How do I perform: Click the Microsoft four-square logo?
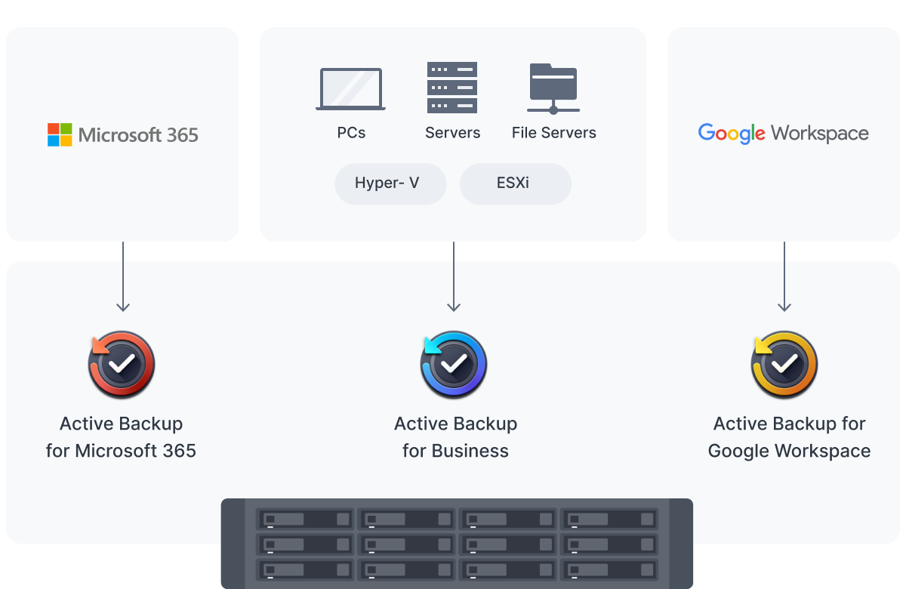coord(60,134)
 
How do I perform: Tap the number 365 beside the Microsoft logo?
coord(181,135)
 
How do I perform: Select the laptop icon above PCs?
coord(351,89)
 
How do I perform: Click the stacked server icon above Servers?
coord(452,88)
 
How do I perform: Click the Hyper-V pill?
coord(390,183)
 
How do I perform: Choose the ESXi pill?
coord(515,183)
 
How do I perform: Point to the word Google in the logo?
coord(732,134)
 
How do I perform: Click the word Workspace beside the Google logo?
coord(820,134)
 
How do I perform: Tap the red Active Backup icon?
coord(122,365)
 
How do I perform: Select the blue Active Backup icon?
coord(453,365)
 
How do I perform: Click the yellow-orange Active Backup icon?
coord(784,365)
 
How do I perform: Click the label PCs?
coord(351,133)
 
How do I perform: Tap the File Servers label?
coord(553,133)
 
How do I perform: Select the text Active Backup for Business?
coord(455,437)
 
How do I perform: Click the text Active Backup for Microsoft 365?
coord(121,437)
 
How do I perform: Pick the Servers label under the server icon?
coord(452,133)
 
